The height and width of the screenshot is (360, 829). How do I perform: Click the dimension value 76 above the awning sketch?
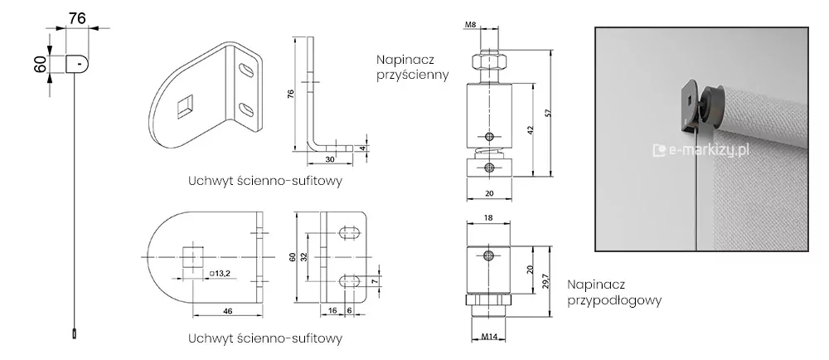[75, 17]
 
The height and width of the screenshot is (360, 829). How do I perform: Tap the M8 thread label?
[471, 24]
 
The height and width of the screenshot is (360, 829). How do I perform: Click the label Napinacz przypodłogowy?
[614, 292]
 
